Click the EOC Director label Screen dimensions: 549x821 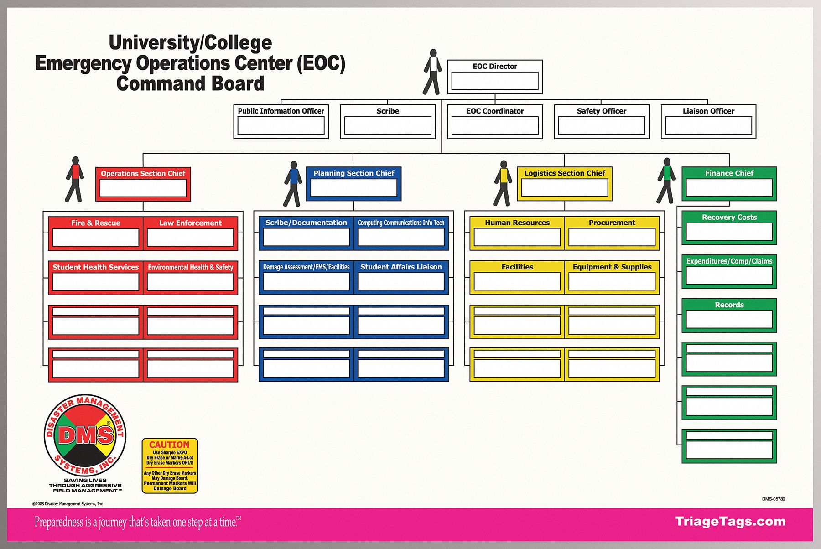[x=495, y=66]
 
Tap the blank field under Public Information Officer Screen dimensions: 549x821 [x=281, y=125]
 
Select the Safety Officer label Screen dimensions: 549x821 [x=601, y=111]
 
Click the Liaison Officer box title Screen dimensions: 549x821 [x=708, y=111]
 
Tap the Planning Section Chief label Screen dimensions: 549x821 [x=353, y=173]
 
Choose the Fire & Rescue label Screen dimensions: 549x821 [x=96, y=223]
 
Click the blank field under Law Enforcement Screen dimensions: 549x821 [x=190, y=238]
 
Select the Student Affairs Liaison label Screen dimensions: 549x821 [x=401, y=267]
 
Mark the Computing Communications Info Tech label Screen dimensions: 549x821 [x=401, y=223]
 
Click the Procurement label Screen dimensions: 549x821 [x=612, y=223]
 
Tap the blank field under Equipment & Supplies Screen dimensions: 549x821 [x=612, y=282]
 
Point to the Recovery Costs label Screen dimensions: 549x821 [x=729, y=217]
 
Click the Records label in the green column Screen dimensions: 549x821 [x=729, y=305]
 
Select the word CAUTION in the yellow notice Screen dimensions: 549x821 [x=169, y=445]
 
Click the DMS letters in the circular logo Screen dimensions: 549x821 [x=85, y=435]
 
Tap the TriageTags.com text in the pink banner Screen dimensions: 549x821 [x=730, y=522]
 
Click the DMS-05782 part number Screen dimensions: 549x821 [x=774, y=499]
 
